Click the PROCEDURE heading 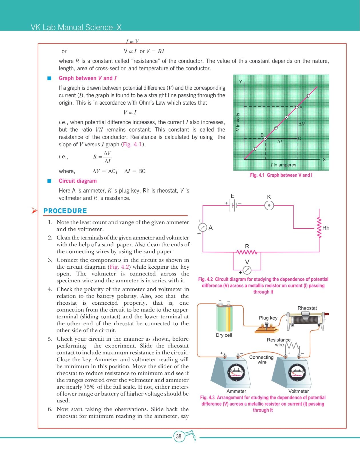click(x=65, y=211)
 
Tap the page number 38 click(x=179, y=436)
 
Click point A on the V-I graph click(x=297, y=107)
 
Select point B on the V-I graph click(x=265, y=139)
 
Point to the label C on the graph click(x=300, y=138)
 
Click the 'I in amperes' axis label click(x=283, y=165)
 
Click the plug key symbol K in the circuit click(x=269, y=205)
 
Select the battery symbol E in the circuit click(x=233, y=205)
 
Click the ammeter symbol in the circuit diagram click(x=203, y=227)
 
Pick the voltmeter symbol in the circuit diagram click(x=247, y=270)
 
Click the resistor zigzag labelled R click(x=247, y=252)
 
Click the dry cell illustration click(x=224, y=318)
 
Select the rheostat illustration click(x=306, y=320)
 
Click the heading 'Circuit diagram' click(x=78, y=181)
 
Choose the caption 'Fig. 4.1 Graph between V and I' click(x=281, y=175)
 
